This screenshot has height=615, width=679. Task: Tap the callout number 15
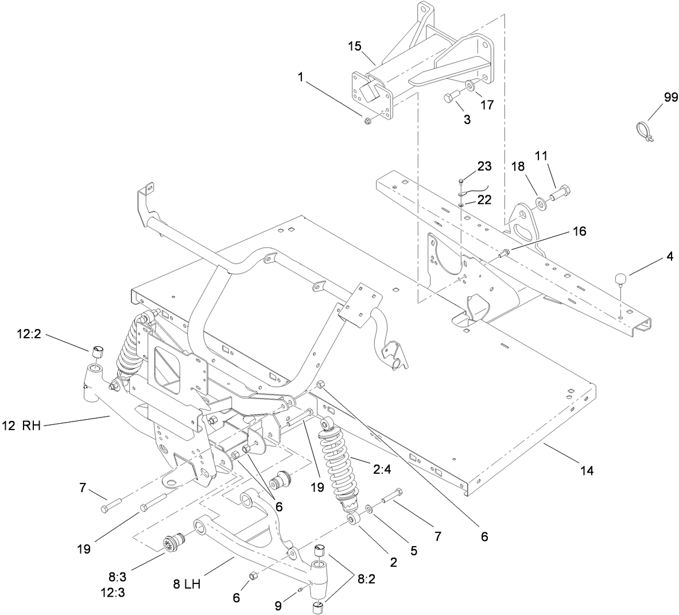pyautogui.click(x=355, y=45)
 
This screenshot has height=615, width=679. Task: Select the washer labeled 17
pyautogui.click(x=470, y=86)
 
